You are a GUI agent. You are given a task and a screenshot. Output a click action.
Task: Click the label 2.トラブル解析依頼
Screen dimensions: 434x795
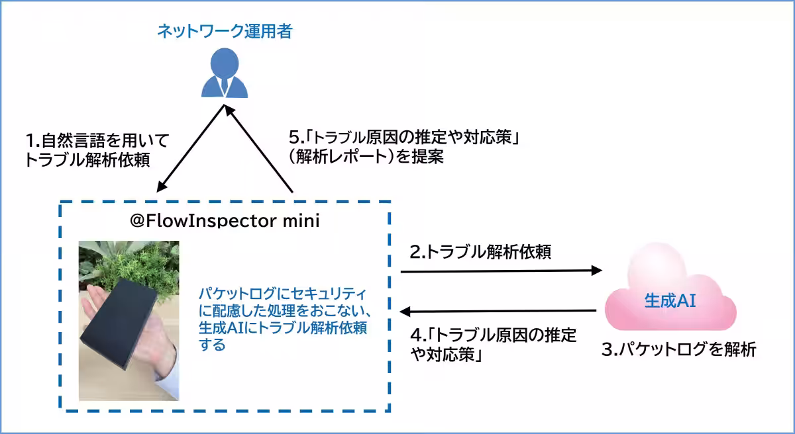tap(480, 251)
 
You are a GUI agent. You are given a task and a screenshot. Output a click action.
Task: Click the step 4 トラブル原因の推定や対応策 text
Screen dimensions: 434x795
tap(491, 343)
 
